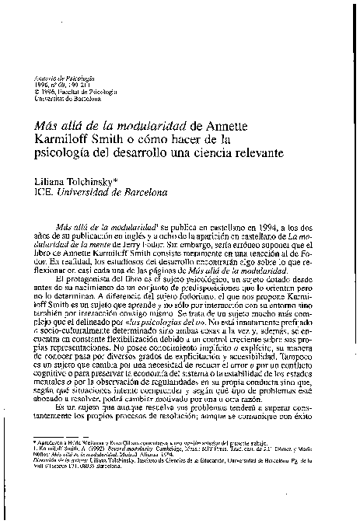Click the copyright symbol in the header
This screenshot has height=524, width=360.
click(x=38, y=93)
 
